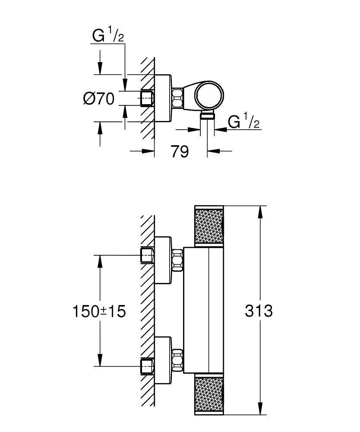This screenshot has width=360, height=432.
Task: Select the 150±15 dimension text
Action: [x=99, y=311]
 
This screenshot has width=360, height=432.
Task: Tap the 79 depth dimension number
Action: [x=180, y=152]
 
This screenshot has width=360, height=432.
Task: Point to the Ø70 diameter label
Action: [x=98, y=99]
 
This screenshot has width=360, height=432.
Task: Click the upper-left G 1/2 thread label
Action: [x=107, y=36]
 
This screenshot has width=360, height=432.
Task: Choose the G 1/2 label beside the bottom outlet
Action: [x=243, y=123]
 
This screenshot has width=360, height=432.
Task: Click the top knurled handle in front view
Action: [x=209, y=226]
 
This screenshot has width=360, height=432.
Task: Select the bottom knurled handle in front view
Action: [x=209, y=395]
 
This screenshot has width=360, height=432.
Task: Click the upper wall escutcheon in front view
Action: [x=163, y=260]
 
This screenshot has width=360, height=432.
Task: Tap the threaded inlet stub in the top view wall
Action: [x=147, y=98]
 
